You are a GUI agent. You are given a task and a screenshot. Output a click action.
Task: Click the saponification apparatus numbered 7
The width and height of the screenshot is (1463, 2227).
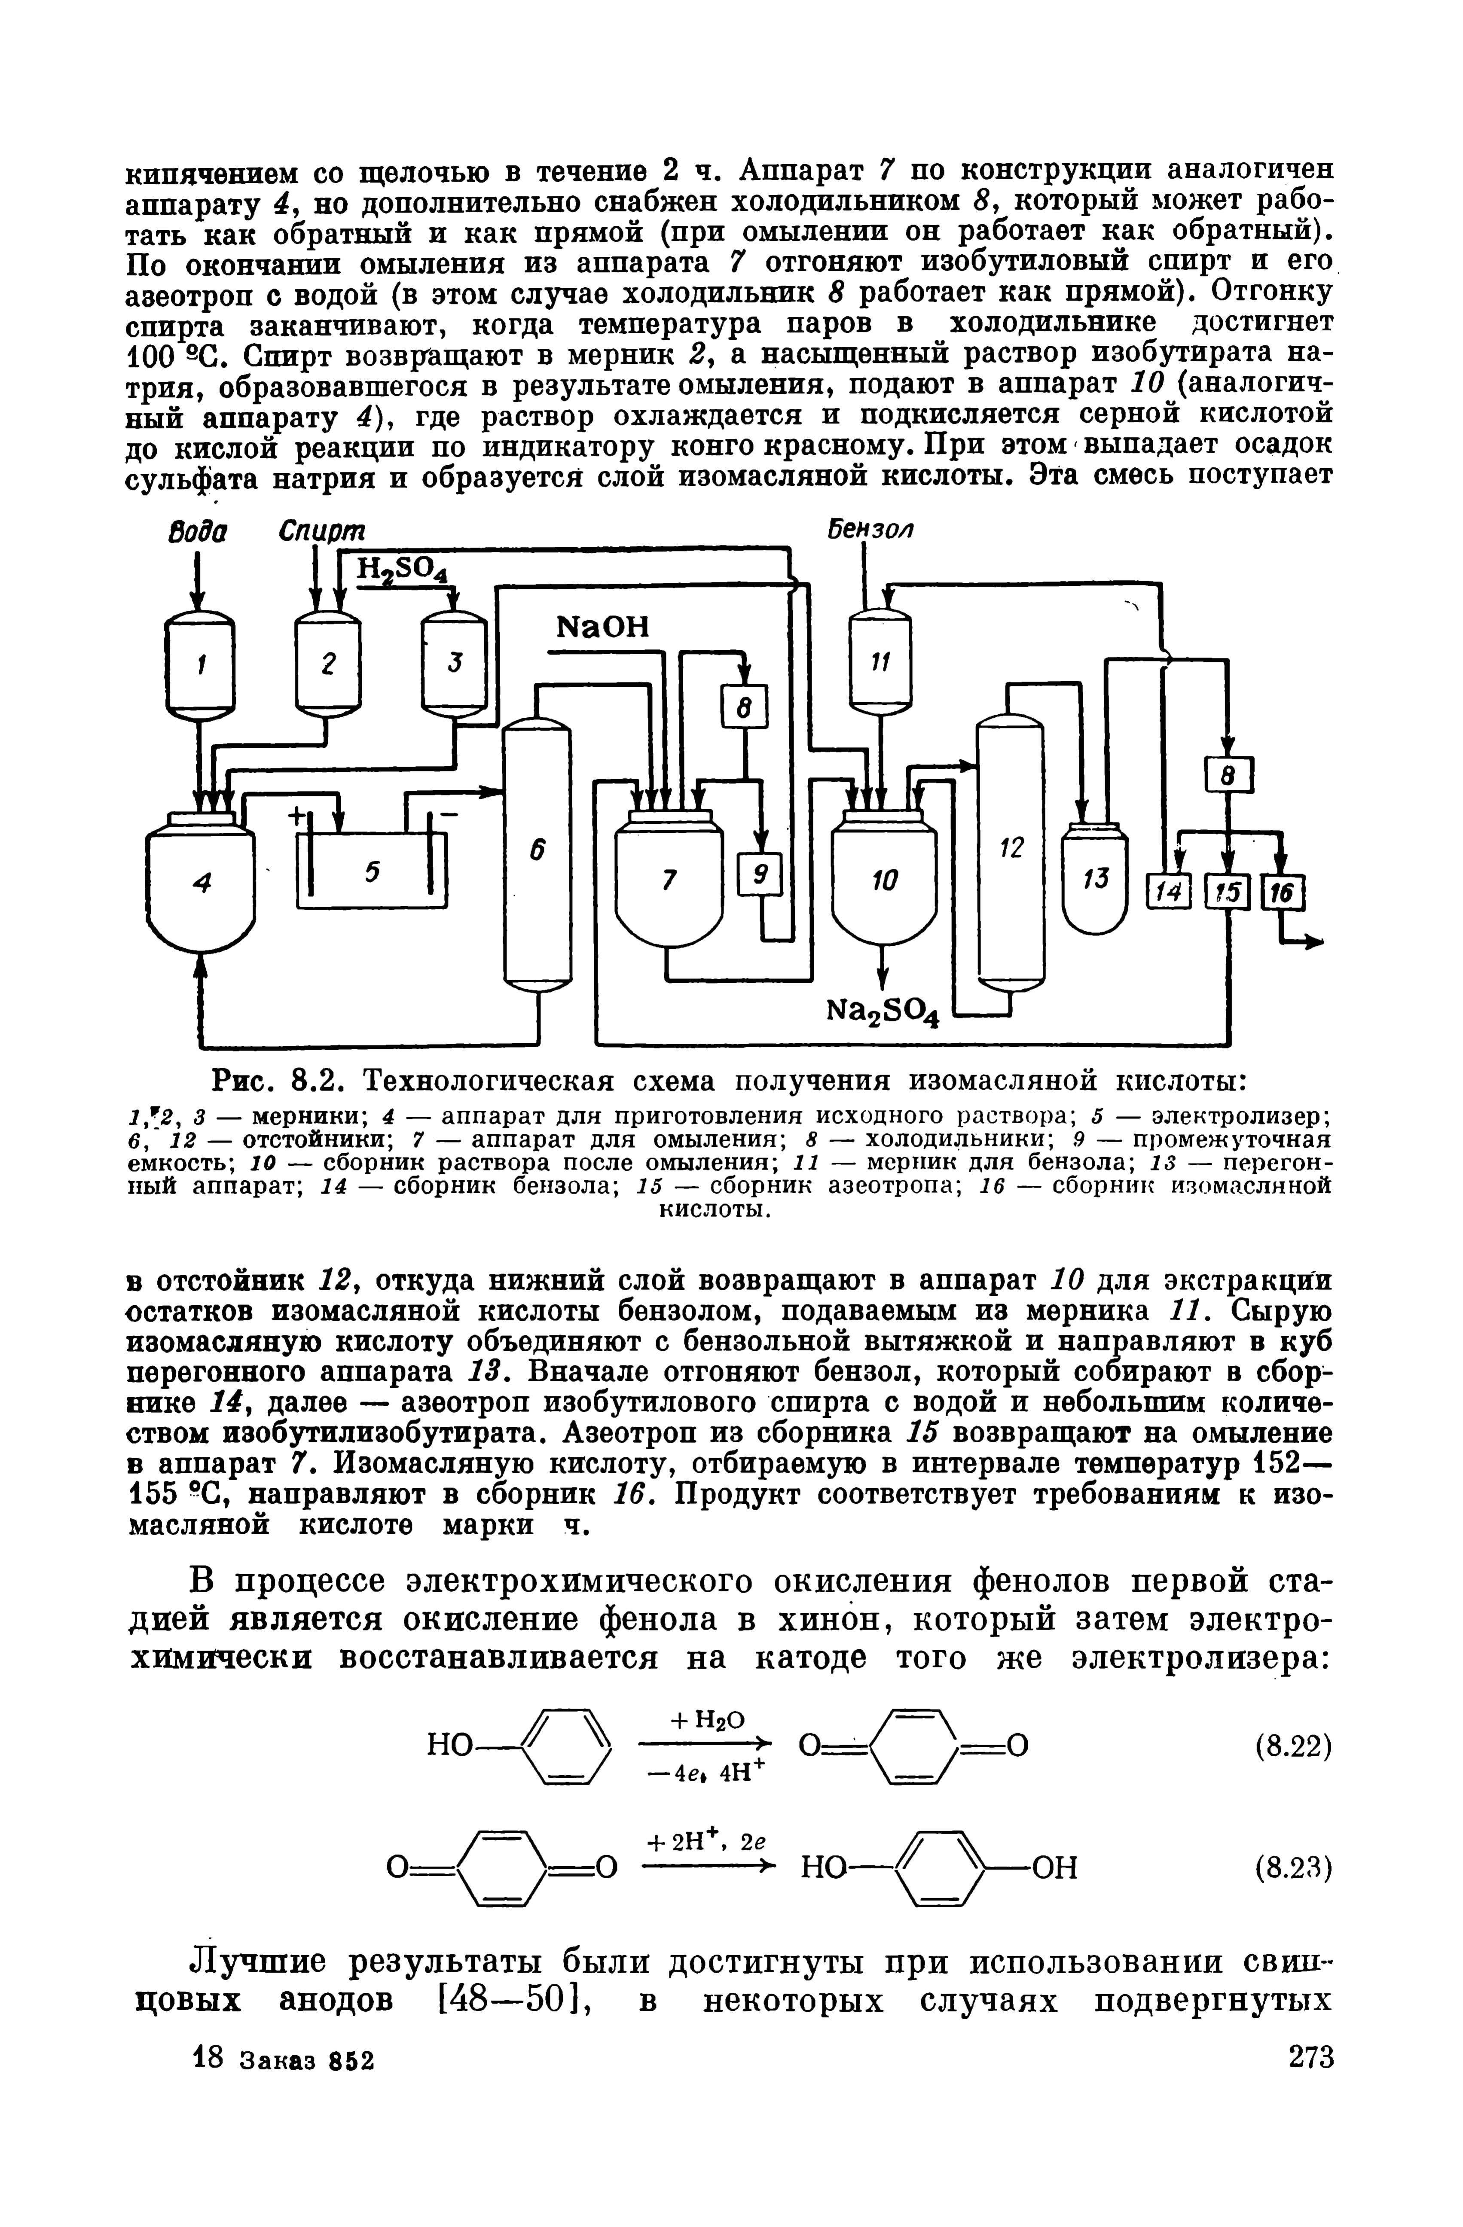coord(668,880)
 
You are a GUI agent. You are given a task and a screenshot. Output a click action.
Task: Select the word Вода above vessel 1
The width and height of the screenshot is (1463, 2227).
coord(196,530)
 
